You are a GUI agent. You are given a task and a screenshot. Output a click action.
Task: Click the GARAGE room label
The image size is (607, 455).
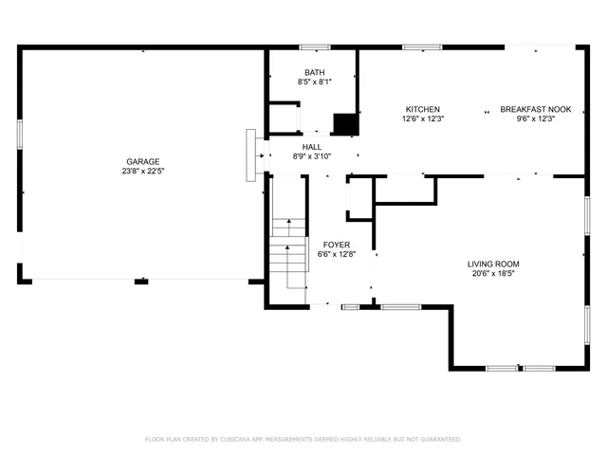pos(140,161)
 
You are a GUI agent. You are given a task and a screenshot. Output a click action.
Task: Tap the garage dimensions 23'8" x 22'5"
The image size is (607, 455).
pos(140,172)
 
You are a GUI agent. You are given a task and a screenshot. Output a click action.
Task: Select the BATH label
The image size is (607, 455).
pos(314,73)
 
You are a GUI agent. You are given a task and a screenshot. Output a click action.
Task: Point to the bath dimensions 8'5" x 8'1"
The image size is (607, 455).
pos(314,82)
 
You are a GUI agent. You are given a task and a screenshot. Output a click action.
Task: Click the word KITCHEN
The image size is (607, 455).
pos(423,109)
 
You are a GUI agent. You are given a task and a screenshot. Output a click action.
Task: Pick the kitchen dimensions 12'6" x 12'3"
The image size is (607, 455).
pos(423,119)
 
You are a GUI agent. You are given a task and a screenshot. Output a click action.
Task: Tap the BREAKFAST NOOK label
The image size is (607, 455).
pos(535,109)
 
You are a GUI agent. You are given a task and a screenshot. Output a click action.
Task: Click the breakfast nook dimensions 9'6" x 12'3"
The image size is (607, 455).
pos(535,119)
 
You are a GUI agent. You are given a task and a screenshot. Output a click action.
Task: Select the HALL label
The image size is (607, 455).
pos(312,147)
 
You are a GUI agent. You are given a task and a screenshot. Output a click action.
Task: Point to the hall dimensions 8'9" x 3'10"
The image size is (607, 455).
pos(312,157)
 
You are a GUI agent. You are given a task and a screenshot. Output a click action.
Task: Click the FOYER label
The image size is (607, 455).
pos(337,245)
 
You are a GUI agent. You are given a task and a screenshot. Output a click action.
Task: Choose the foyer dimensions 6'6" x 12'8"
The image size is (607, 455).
pos(337,254)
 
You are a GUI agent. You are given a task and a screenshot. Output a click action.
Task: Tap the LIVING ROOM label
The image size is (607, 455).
pos(493,264)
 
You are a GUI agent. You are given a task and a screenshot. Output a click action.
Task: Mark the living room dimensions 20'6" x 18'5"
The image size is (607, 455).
pos(493,274)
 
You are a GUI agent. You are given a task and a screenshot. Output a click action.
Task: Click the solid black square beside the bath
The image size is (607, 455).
pos(346,124)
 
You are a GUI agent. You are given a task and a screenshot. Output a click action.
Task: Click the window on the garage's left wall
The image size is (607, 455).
pos(20,134)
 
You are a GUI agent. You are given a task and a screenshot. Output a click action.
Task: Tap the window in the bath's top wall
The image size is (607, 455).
pos(314,46)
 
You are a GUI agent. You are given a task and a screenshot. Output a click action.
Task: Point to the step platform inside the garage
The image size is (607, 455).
pos(250,155)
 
